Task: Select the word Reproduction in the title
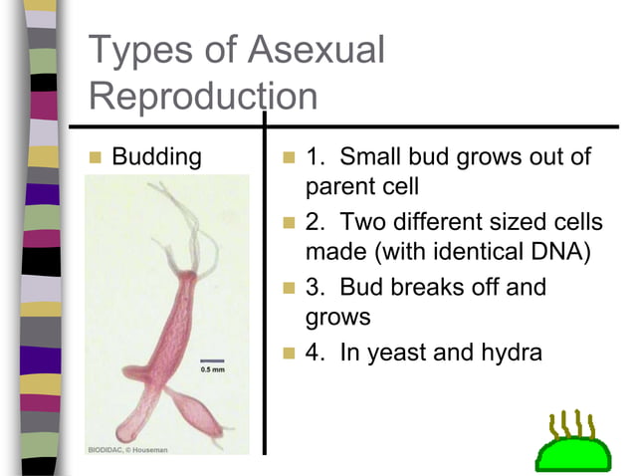pyautogui.click(x=203, y=97)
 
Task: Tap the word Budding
pyautogui.click(x=156, y=157)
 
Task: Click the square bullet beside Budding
pyautogui.click(x=96, y=157)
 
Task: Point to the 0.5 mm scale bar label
pyautogui.click(x=213, y=369)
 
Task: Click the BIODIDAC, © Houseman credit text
pyautogui.click(x=126, y=450)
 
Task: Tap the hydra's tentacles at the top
pyautogui.click(x=185, y=214)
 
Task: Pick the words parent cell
pyautogui.click(x=362, y=186)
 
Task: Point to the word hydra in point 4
pyautogui.click(x=510, y=353)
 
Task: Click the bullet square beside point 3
pyautogui.click(x=289, y=289)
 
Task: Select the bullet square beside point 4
pyautogui.click(x=289, y=354)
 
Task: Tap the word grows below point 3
pyautogui.click(x=337, y=318)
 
